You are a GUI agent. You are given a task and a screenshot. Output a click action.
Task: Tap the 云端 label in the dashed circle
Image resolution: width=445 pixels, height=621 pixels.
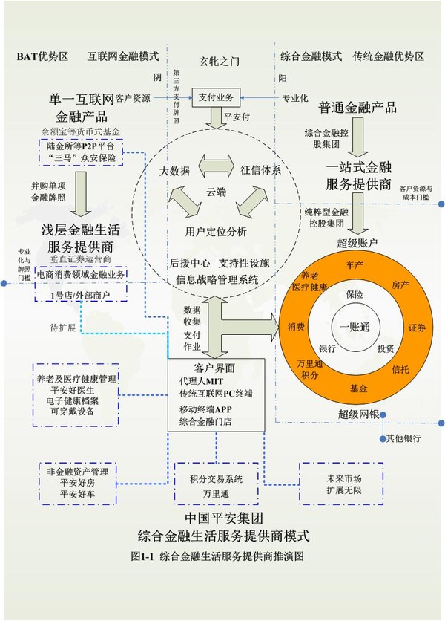(217, 192)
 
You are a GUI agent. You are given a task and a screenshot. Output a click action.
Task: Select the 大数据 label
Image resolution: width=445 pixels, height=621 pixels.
(175, 171)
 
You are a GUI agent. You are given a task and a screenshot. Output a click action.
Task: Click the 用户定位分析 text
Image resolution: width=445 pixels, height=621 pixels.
(217, 232)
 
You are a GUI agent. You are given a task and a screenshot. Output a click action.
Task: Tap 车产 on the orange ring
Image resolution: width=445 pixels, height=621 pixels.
(354, 264)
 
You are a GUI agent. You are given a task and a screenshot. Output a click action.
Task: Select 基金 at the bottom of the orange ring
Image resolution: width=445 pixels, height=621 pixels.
(358, 388)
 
